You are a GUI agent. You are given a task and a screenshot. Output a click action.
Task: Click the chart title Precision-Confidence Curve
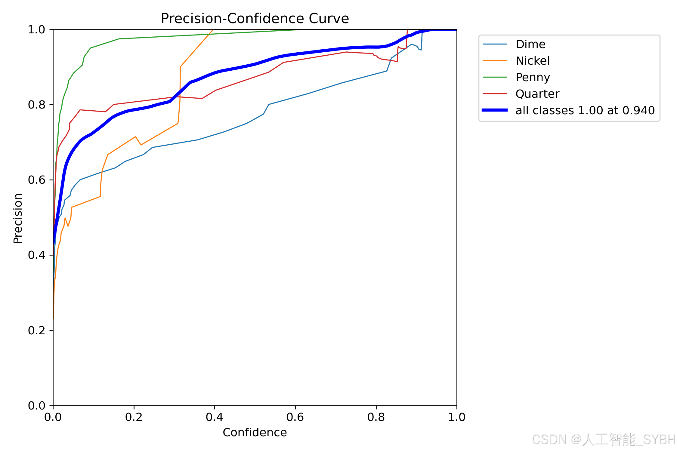[255, 18]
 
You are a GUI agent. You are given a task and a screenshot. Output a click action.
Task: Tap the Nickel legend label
[533, 61]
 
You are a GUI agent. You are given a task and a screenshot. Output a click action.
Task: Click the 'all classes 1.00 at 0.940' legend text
[585, 110]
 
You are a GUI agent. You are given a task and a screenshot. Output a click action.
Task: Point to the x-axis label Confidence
[255, 432]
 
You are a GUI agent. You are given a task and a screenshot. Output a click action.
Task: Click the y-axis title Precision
[18, 218]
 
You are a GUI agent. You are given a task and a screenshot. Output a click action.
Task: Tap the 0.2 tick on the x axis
[134, 417]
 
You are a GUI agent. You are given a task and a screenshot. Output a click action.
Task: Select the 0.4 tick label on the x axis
[215, 417]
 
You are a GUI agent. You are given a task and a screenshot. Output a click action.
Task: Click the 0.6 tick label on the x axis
[295, 417]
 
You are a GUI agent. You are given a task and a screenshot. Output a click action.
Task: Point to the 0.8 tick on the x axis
[376, 417]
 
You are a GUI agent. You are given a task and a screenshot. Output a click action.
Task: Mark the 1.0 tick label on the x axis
[457, 417]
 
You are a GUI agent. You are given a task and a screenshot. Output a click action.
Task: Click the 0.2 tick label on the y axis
[37, 330]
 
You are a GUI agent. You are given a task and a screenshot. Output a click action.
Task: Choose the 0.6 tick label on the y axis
[37, 180]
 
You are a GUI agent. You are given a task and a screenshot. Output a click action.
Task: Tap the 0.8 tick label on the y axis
[37, 105]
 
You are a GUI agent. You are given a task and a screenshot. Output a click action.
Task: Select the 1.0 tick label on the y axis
[37, 29]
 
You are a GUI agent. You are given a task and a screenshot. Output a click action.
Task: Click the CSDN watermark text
[604, 440]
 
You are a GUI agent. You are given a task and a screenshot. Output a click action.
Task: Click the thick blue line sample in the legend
[495, 110]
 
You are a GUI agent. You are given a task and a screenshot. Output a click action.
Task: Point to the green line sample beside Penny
[495, 77]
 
